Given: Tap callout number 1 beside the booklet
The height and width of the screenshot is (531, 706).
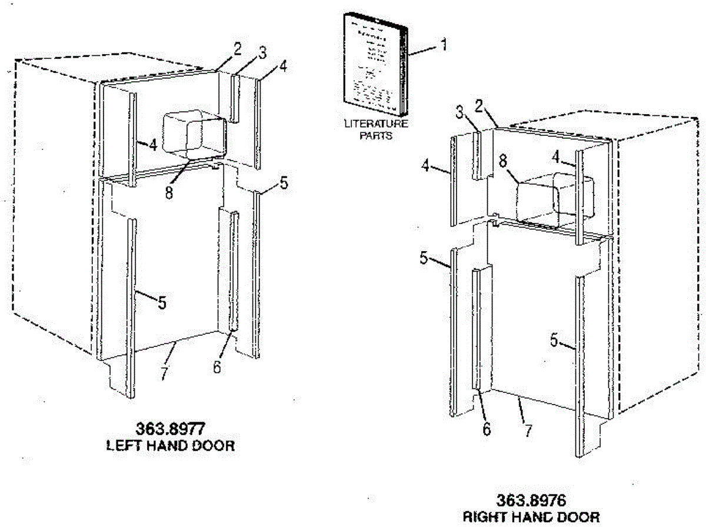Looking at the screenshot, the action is click(x=444, y=44).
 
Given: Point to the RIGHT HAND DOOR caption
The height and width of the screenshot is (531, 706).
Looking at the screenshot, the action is click(x=531, y=517).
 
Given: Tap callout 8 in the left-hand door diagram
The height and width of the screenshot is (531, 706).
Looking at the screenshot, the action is click(x=169, y=192).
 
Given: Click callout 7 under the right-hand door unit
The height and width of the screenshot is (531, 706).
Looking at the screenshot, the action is click(x=528, y=431).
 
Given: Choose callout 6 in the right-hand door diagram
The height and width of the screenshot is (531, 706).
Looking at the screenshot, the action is click(x=486, y=429).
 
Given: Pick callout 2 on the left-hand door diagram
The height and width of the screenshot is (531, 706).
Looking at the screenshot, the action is click(x=237, y=49).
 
